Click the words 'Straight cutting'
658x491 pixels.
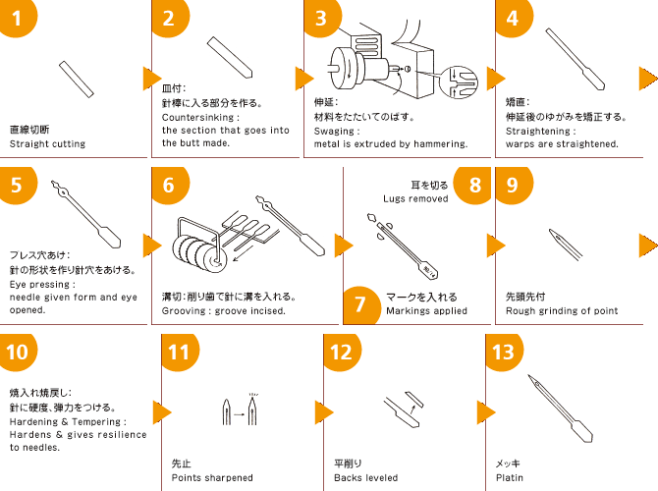pyautogui.click(x=47, y=143)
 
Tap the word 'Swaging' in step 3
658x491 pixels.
pyautogui.click(x=337, y=130)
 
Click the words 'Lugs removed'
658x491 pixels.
pyautogui.click(x=415, y=198)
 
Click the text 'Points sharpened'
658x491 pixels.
pyautogui.click(x=212, y=478)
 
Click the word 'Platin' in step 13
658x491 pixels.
pyautogui.click(x=510, y=478)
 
